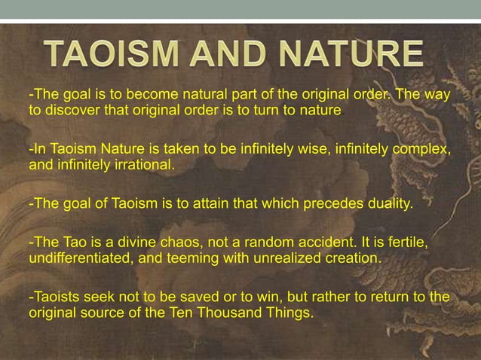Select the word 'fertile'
coord(407,242)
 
